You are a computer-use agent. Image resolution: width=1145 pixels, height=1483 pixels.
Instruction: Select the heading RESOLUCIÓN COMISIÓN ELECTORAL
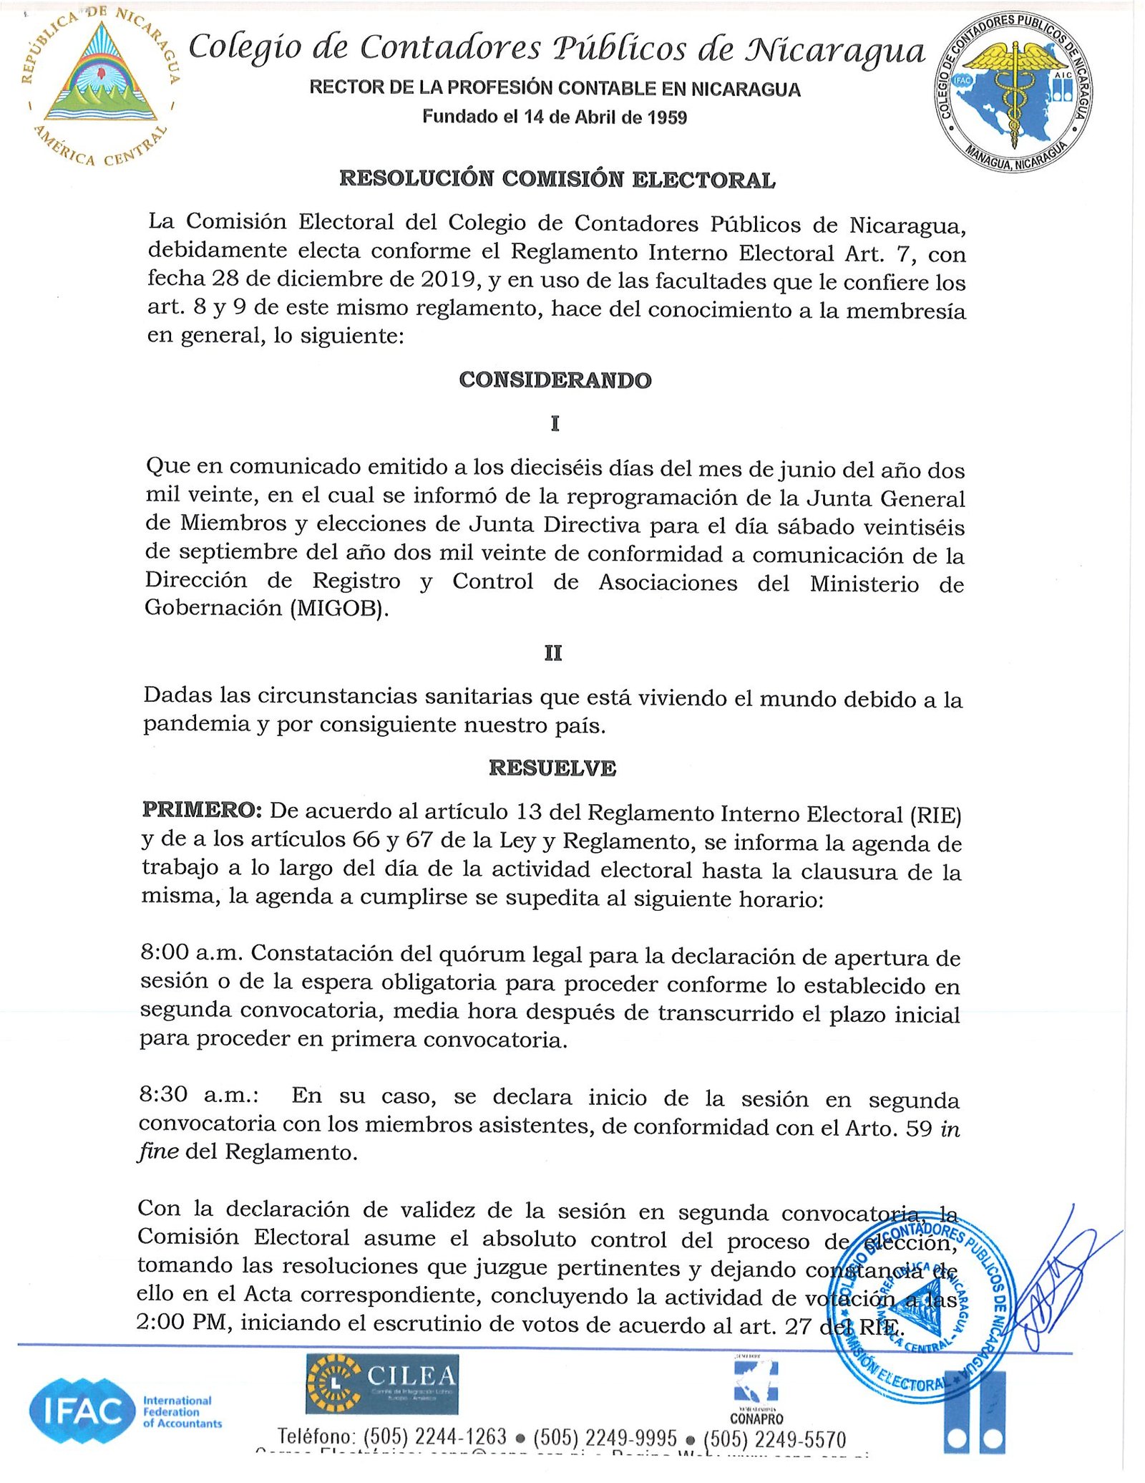pyautogui.click(x=557, y=179)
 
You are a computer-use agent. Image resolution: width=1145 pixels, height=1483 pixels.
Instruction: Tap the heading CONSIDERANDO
pyautogui.click(x=555, y=380)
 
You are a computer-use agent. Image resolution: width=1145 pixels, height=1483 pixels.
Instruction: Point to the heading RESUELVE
pyautogui.click(x=552, y=768)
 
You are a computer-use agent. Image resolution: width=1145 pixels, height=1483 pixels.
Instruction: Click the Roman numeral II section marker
pyautogui.click(x=553, y=653)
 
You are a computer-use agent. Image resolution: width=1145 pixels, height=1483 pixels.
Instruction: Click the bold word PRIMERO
pyautogui.click(x=203, y=811)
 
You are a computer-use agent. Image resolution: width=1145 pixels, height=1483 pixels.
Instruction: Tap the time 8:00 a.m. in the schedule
pyautogui.click(x=193, y=953)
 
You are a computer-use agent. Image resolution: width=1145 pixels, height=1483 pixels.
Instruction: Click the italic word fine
pyautogui.click(x=157, y=1152)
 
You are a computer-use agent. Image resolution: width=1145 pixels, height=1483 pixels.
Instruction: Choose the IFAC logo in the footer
pyautogui.click(x=83, y=1411)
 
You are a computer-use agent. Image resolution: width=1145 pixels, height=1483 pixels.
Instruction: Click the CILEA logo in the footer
pyautogui.click(x=382, y=1383)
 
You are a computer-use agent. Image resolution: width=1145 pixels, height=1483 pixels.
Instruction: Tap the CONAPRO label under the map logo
pyautogui.click(x=756, y=1419)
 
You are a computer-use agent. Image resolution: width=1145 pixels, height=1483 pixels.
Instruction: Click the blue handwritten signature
pyautogui.click(x=1059, y=1289)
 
